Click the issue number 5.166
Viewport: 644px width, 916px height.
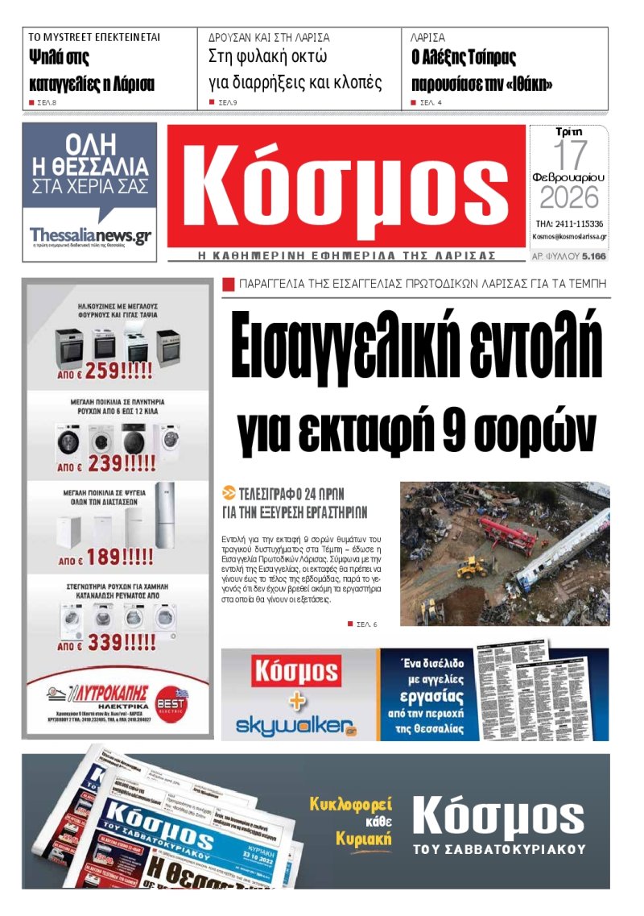(593, 256)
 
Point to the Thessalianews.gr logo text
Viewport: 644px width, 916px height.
(89, 234)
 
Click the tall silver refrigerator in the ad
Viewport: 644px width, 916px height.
(163, 516)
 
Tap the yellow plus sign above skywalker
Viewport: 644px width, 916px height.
(298, 700)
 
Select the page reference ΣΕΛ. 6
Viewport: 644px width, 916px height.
(365, 624)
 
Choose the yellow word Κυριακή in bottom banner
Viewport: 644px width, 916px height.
(364, 839)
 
